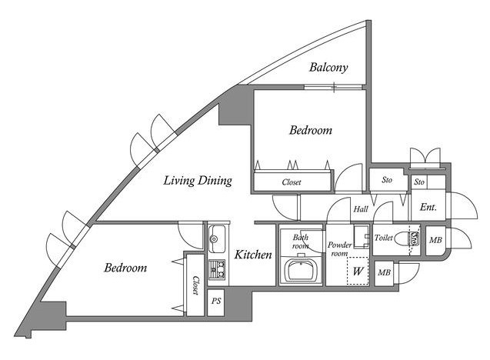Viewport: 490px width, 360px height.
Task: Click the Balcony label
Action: [x=328, y=68]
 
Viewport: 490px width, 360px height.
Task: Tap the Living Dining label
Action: [x=198, y=182]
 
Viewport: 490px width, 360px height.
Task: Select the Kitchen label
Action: [x=253, y=255]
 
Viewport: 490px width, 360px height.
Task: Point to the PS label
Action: [x=217, y=302]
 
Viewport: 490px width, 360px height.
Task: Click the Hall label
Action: [x=361, y=208]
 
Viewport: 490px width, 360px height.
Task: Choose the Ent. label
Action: [x=428, y=206]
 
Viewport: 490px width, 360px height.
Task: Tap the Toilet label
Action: [x=384, y=238]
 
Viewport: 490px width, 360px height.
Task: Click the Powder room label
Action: [x=339, y=248]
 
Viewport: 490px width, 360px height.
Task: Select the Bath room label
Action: [x=301, y=242]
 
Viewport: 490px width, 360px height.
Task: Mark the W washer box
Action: [x=357, y=271]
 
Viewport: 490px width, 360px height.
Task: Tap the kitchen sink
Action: [x=216, y=238]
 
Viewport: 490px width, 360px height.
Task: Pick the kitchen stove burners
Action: [x=217, y=269]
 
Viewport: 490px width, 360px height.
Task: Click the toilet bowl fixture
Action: [x=412, y=238]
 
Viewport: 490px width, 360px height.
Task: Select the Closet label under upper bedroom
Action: [x=292, y=182]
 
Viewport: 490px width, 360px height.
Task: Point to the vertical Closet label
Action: [x=195, y=285]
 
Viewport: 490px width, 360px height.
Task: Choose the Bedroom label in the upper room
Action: [x=311, y=131]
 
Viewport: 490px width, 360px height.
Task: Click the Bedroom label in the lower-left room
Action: [x=125, y=268]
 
